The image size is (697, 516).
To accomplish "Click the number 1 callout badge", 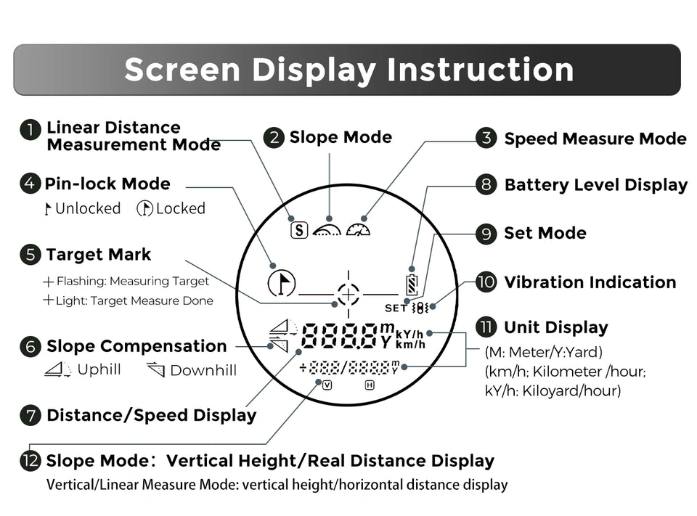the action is [30, 130].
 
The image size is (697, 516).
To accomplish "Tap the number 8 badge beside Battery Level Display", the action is [486, 184].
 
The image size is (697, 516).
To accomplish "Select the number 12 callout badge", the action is [30, 460].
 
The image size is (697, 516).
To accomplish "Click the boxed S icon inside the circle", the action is [299, 230].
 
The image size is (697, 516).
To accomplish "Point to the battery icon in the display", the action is [412, 285].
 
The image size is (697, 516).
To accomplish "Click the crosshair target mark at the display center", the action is [348, 294].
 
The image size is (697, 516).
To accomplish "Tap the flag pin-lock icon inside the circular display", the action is [282, 283].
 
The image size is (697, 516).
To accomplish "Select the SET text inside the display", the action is [396, 308].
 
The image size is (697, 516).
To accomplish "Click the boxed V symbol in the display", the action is [327, 385].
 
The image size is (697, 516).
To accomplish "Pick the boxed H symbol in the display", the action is [370, 385].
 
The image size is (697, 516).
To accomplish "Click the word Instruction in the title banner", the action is [480, 70].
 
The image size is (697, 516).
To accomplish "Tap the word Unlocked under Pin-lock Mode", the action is [88, 208].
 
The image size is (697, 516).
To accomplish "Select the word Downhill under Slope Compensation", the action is [203, 370].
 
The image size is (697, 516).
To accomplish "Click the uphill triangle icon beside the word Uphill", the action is [58, 369].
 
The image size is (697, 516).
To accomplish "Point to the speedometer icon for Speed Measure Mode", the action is [358, 229].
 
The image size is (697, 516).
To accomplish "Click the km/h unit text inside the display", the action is [410, 345].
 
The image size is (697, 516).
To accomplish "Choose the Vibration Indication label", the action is [590, 282].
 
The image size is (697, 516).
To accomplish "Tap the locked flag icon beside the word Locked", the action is [145, 208].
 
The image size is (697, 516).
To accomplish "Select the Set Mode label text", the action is [545, 233].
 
